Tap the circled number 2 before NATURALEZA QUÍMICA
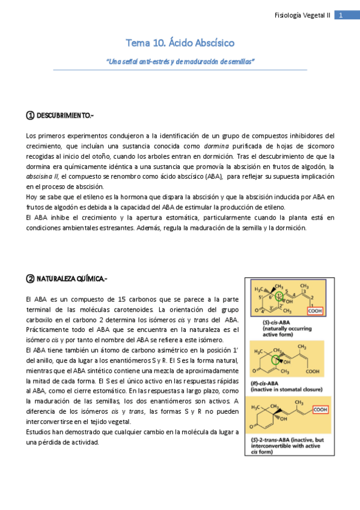coord(30,278)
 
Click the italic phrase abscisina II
coord(43,176)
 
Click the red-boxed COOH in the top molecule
coord(315,311)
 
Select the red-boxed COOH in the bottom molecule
coord(320,410)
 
